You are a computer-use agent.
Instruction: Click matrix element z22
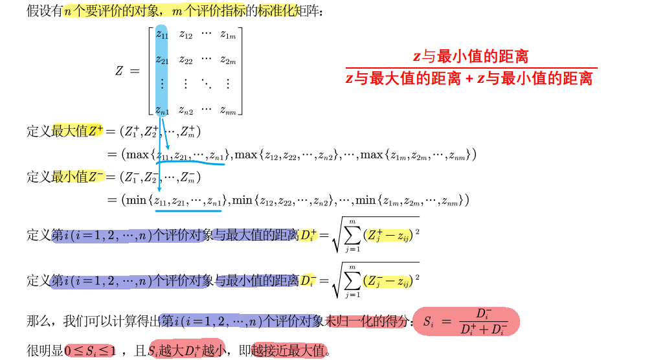[186, 61]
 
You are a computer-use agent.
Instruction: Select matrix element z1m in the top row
[227, 35]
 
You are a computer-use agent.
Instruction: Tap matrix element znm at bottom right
[227, 110]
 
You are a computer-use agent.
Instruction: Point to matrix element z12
[186, 35]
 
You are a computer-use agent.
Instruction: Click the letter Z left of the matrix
[119, 71]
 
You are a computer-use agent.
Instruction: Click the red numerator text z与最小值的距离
[471, 56]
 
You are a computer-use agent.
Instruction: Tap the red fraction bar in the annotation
[471, 67]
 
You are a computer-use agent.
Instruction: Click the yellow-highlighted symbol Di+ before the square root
[308, 235]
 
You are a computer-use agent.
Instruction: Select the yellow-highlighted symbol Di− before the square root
[308, 280]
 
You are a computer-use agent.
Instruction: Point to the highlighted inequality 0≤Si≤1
[90, 352]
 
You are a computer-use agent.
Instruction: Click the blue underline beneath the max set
[191, 164]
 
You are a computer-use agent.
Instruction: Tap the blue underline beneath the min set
[188, 209]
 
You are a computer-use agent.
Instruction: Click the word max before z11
[137, 155]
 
